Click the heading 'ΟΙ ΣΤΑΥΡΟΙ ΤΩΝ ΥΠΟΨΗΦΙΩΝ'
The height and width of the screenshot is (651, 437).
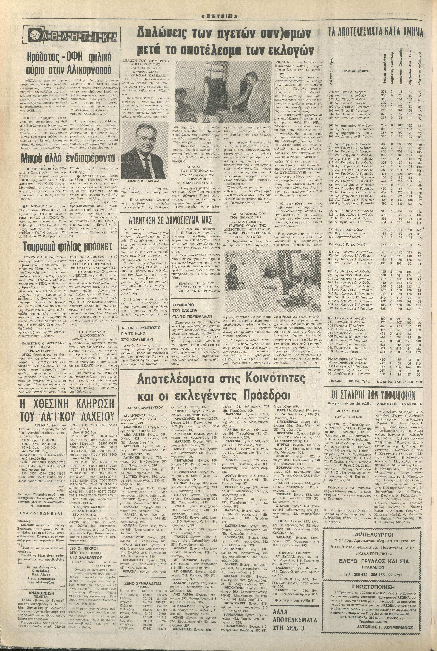[373, 395]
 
